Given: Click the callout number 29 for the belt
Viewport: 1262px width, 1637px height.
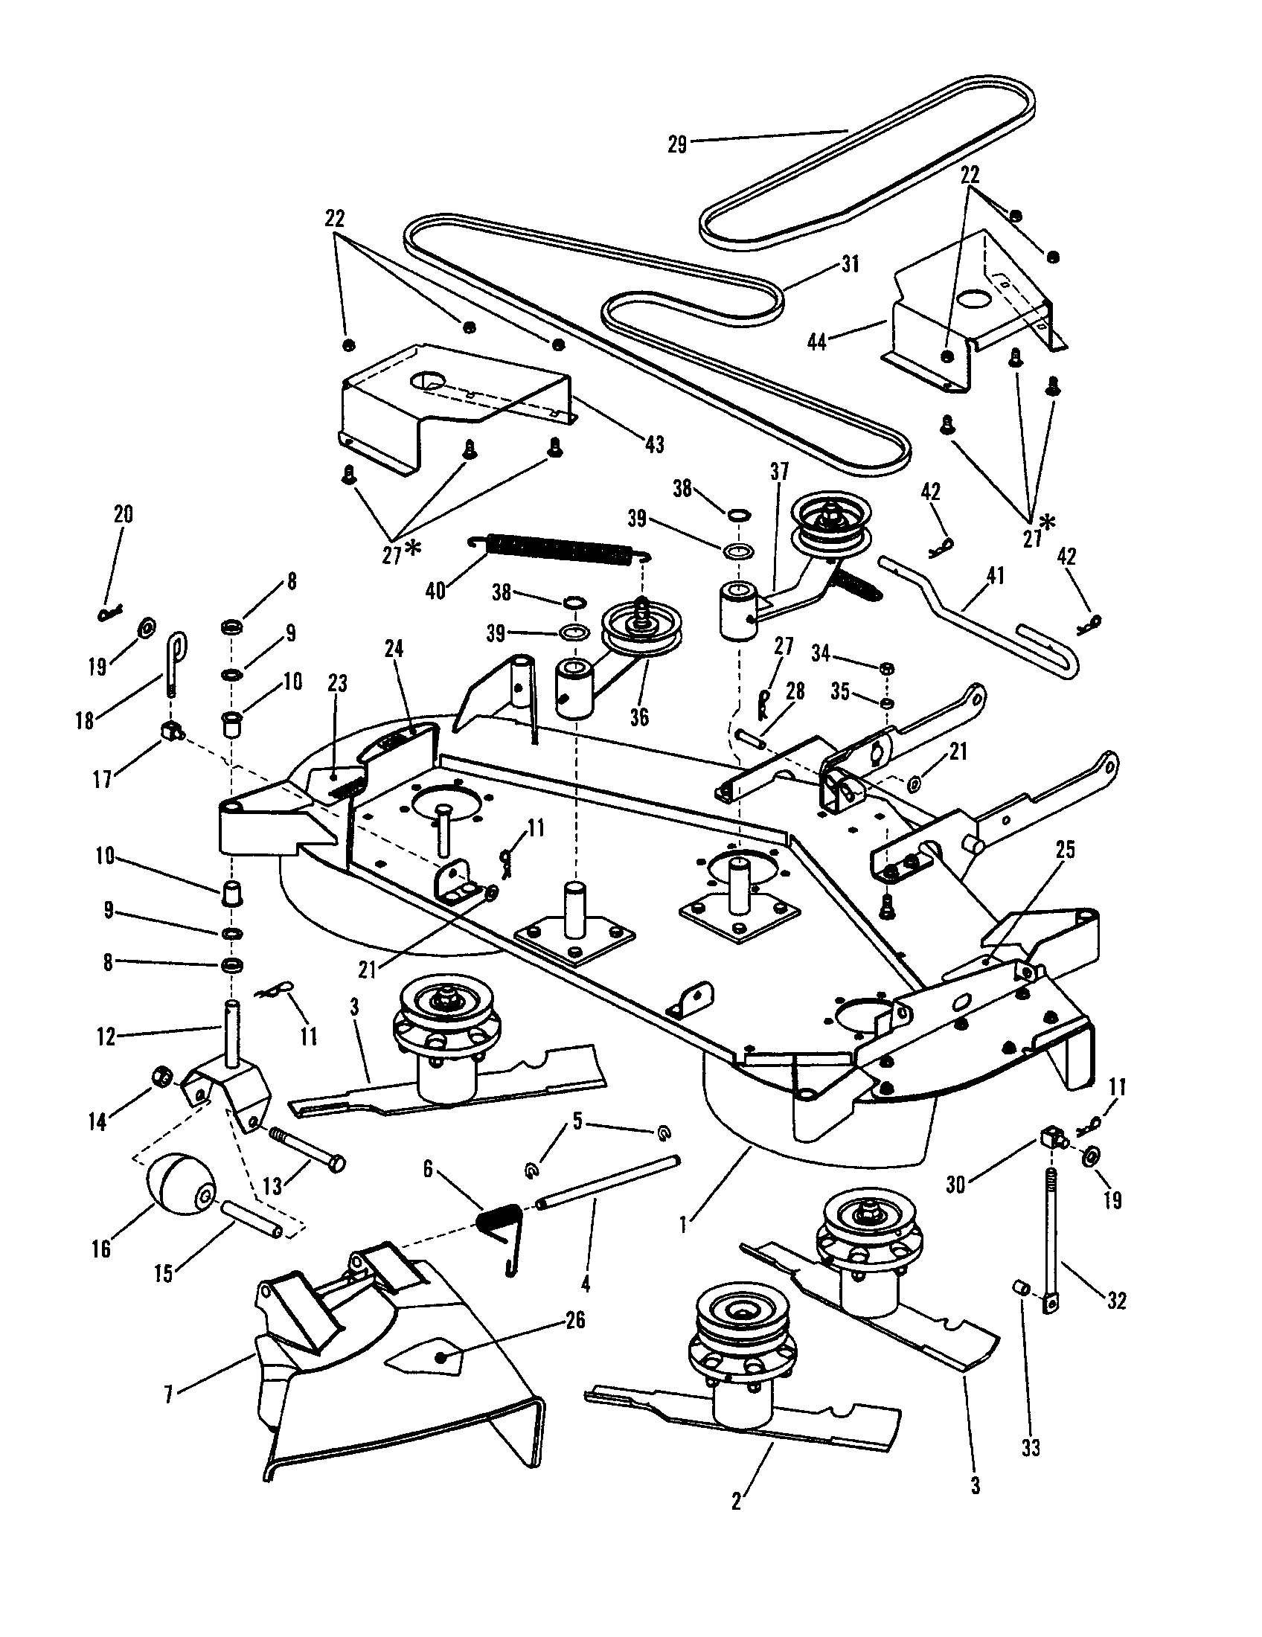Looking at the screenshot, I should [676, 144].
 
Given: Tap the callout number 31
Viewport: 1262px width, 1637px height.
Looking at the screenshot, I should [850, 264].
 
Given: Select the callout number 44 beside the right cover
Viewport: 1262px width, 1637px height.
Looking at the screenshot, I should [818, 341].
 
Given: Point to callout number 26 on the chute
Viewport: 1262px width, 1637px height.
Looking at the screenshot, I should [574, 1321].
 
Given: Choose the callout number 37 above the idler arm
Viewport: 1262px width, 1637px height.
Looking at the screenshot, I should [779, 472].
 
